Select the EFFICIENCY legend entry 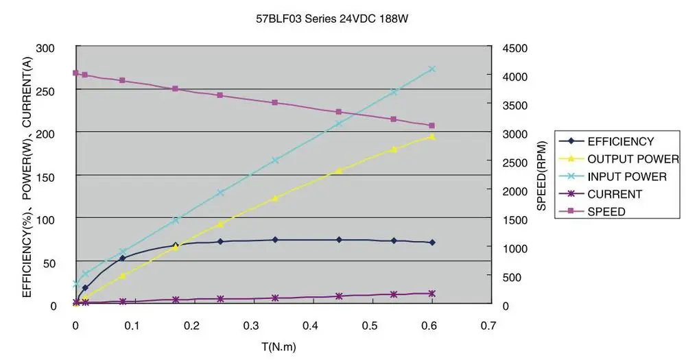point(621,141)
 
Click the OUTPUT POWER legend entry point(633,159)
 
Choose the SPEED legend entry point(606,212)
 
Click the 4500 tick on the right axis point(513,48)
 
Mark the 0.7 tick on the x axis point(488,324)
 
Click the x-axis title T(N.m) point(278,346)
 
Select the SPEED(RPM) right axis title point(541,176)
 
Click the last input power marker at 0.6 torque point(431,69)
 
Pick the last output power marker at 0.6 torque point(431,136)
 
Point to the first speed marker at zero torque point(75,73)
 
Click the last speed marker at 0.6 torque point(431,125)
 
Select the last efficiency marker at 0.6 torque point(431,243)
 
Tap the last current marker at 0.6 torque point(431,293)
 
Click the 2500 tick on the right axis point(513,162)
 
